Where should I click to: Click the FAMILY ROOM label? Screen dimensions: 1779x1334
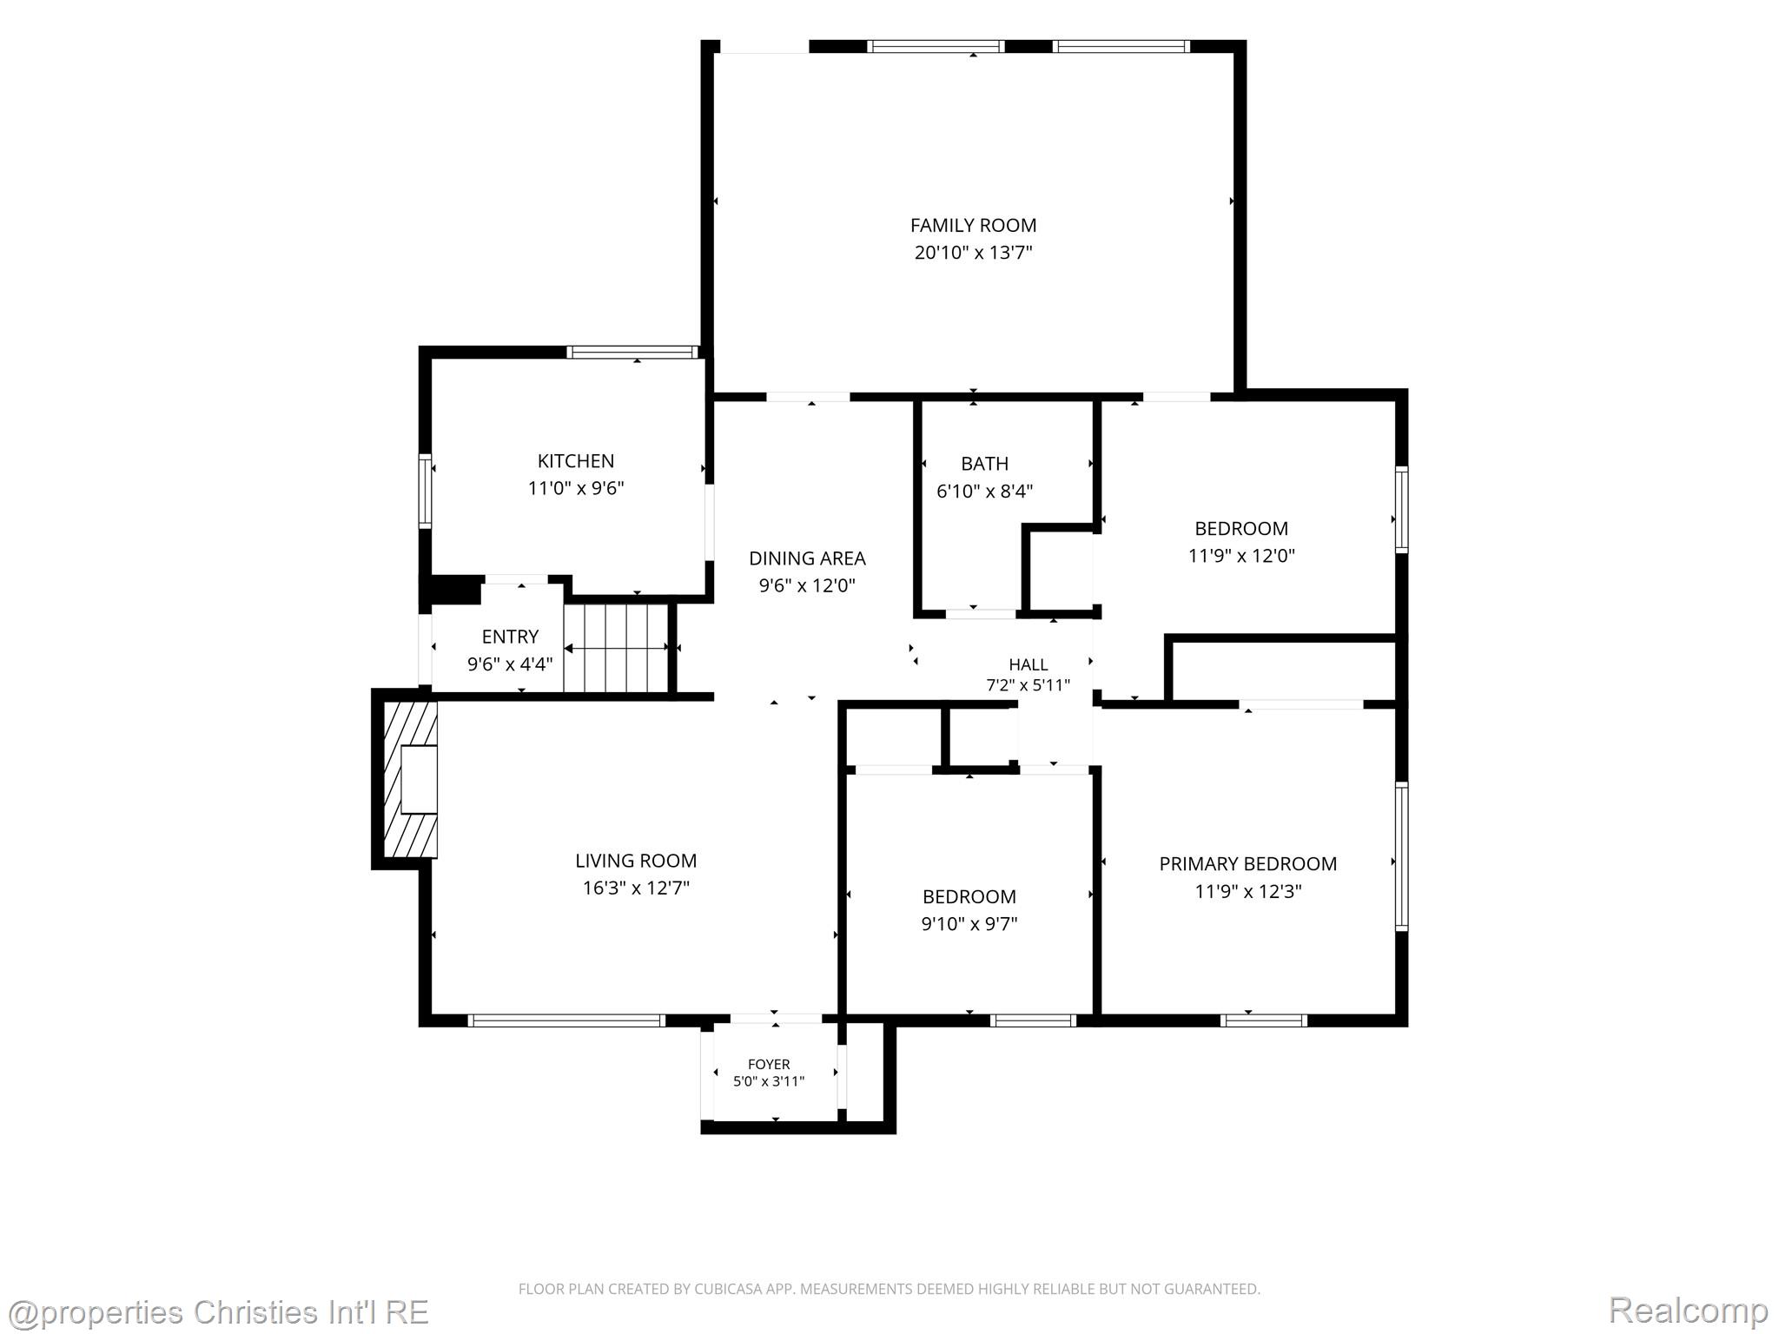tap(973, 226)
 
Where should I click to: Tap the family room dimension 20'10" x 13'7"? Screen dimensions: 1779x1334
tap(973, 253)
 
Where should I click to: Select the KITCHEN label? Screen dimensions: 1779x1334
tap(576, 461)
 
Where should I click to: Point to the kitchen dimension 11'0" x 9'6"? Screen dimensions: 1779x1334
tap(576, 488)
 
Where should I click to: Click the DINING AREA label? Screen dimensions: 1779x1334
tap(807, 558)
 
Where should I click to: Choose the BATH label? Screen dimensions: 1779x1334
tap(984, 464)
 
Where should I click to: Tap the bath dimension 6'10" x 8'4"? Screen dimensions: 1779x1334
tap(984, 491)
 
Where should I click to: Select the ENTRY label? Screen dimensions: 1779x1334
tap(510, 637)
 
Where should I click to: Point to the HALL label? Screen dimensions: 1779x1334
tap(1028, 665)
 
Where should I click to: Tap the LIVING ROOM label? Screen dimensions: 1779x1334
tap(636, 861)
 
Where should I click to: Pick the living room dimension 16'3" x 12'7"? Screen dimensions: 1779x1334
tap(636, 888)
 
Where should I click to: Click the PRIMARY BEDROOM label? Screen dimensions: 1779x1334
tap(1247, 864)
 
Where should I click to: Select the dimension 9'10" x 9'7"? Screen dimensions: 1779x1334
tap(969, 923)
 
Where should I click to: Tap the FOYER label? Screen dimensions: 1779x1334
tap(769, 1064)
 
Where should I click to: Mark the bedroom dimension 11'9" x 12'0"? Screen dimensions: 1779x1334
tap(1241, 556)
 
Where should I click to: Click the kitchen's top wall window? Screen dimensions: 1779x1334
tap(633, 352)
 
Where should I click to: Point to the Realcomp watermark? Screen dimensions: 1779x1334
tap(1688, 1311)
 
